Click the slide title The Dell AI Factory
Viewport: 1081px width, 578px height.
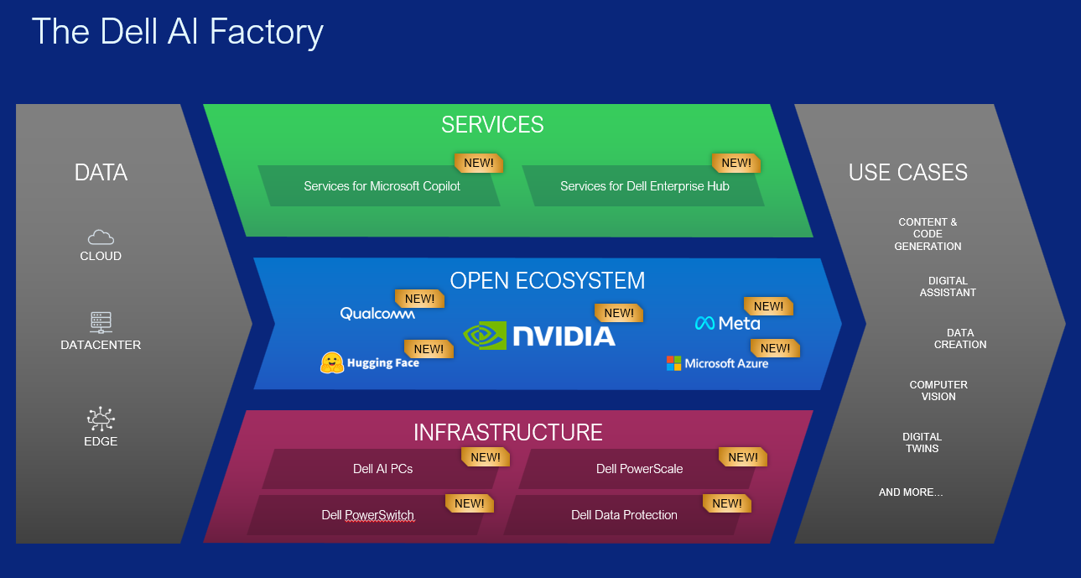coord(177,33)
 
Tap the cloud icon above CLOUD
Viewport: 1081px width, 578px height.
coord(101,237)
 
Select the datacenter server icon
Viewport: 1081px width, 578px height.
coord(101,322)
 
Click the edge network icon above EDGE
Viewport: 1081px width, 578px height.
coord(101,418)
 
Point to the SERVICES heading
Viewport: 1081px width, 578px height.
coord(492,125)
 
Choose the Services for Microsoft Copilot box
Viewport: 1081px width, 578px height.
coord(382,186)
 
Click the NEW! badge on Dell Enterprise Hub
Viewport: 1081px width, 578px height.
coord(736,163)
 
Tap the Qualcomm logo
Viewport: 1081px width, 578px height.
coord(377,314)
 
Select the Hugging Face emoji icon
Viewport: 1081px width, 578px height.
coord(332,362)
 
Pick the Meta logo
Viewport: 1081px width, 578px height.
coord(727,323)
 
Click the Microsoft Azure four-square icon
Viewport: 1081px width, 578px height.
coord(673,363)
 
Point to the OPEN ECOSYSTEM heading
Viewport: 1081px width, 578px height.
coord(547,280)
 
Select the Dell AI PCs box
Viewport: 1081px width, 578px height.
coord(382,469)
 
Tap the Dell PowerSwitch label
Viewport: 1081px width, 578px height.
coord(367,515)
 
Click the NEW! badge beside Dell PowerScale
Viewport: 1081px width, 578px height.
coord(743,457)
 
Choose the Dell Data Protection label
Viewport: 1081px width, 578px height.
coord(624,515)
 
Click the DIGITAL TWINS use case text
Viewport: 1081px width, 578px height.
coord(922,443)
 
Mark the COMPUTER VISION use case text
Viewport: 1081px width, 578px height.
coord(938,391)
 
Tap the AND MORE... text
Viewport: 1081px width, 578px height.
coord(911,492)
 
